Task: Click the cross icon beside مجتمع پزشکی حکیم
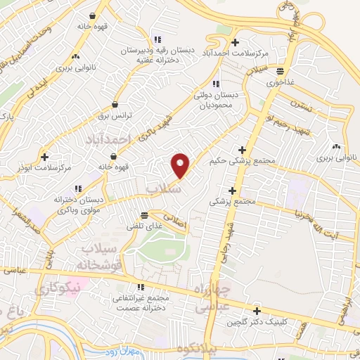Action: coord(241,150)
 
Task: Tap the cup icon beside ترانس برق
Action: coord(114,105)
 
